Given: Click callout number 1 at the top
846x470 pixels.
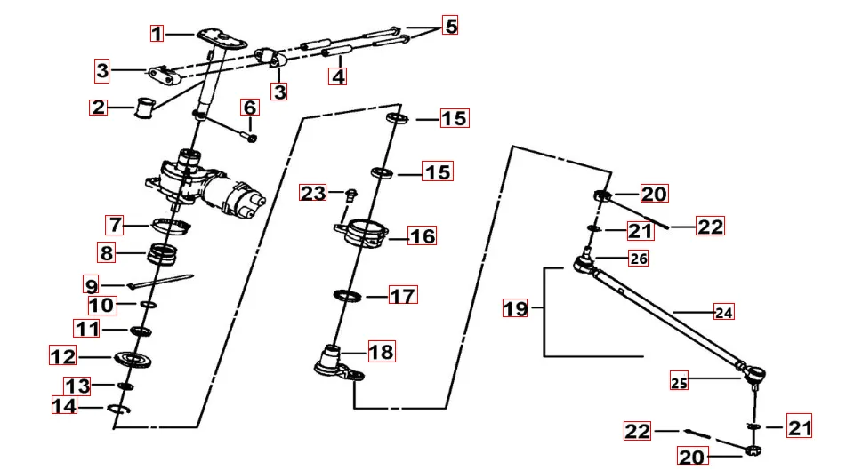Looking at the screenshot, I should point(157,34).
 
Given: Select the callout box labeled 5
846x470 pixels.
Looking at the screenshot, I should point(451,26).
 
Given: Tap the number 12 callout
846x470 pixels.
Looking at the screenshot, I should point(62,356).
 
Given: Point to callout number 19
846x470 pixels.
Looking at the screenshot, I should point(515,309).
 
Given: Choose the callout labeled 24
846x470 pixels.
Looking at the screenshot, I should point(725,312).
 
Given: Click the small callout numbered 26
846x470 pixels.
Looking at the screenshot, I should point(639,259).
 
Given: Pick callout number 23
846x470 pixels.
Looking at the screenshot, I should point(313,193).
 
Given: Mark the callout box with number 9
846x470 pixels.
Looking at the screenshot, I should point(92,285).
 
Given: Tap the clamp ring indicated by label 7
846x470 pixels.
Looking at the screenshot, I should point(172,225).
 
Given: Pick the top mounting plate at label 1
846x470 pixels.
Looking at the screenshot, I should point(221,36).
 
